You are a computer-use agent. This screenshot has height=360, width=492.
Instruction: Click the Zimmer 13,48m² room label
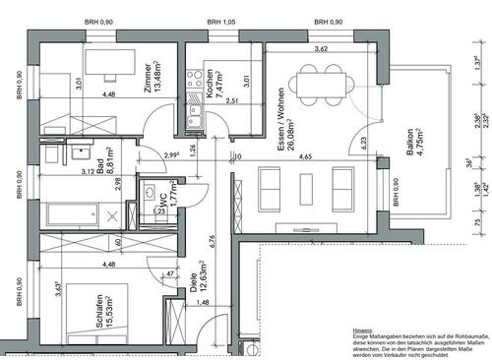pos(149,77)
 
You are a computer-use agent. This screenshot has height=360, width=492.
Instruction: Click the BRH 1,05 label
pos(220,23)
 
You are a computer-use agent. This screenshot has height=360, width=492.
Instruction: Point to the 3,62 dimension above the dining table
pos(320,49)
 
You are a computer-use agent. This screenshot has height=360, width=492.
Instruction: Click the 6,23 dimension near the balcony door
pos(363,142)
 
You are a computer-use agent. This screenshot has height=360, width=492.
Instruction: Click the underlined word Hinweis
pos(362,331)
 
